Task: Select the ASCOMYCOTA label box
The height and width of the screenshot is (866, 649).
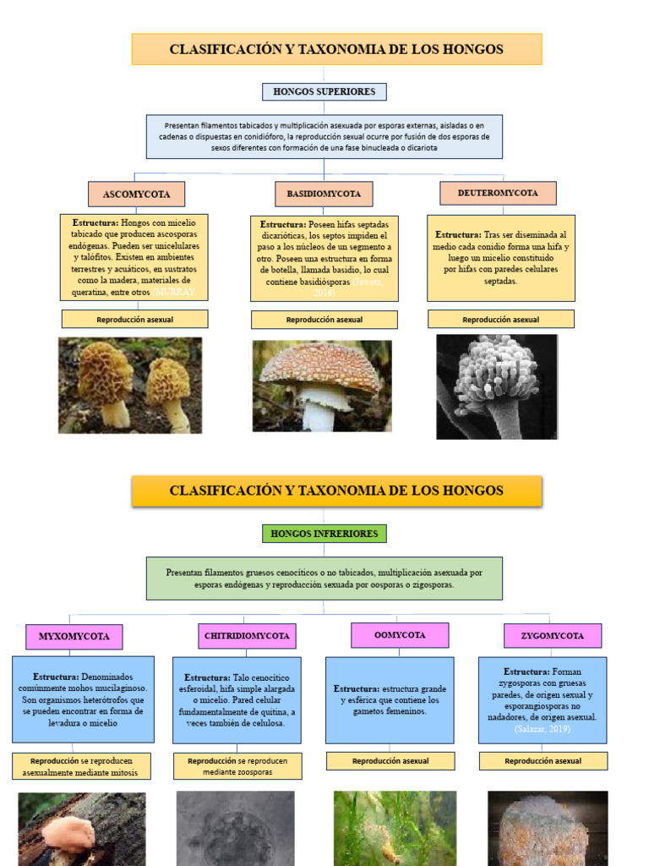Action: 136,194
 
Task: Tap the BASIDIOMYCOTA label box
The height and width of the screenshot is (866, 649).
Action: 324,194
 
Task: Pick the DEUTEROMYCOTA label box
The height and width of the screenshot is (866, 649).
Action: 498,193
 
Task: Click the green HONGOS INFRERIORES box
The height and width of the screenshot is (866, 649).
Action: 324,534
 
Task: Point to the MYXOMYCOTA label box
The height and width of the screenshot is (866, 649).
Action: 74,637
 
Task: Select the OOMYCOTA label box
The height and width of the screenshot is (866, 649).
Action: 400,635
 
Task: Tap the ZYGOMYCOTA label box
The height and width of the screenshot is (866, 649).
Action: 553,636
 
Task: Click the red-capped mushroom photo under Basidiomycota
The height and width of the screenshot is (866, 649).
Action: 322,386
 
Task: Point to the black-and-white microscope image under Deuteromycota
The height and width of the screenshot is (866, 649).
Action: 497,386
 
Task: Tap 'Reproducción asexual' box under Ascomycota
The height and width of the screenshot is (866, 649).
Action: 134,319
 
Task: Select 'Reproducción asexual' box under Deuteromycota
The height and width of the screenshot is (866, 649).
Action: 500,319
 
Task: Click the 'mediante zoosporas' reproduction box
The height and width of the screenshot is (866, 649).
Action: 237,766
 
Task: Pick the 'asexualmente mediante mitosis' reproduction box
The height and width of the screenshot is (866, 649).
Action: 82,766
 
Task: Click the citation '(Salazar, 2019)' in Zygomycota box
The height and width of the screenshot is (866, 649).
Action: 542,728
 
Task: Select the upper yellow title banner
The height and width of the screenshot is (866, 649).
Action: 336,49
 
